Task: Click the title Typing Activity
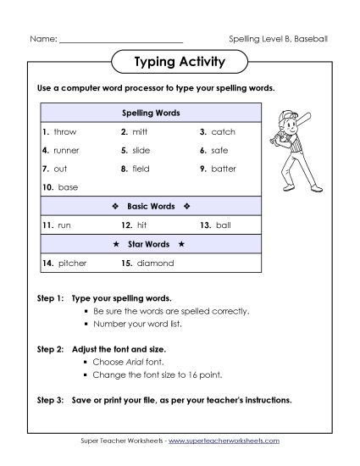(179, 62)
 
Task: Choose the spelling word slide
(141, 150)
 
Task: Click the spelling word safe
(219, 150)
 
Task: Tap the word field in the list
(141, 169)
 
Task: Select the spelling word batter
(224, 169)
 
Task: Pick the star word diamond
(154, 263)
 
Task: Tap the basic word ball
(222, 225)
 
